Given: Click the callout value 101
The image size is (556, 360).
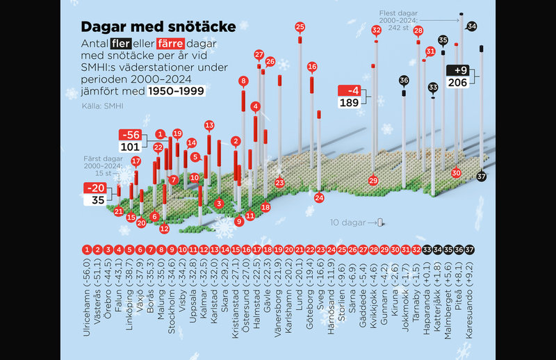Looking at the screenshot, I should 130,147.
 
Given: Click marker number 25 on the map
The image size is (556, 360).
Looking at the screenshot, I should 300,27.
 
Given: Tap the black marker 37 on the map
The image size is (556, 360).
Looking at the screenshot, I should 482,177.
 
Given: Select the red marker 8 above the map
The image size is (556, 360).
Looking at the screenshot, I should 243,81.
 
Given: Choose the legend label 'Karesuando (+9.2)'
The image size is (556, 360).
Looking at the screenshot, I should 470,304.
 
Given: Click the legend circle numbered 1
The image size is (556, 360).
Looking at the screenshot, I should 87,249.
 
